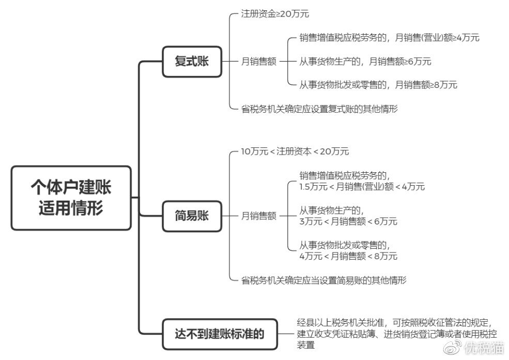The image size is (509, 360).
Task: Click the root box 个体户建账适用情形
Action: pos(71,198)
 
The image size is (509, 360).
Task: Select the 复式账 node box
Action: pos(192,61)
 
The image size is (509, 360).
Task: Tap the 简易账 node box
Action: pos(192,215)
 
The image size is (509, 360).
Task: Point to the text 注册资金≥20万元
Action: pos(275,14)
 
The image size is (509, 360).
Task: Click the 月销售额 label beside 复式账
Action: pos(258,62)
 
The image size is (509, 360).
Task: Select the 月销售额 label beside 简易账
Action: pos(258,216)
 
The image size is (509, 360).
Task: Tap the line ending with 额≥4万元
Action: pos(389,38)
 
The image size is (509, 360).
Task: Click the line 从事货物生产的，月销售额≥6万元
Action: pos(365,62)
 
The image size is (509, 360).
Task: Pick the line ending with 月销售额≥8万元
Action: pos(378,85)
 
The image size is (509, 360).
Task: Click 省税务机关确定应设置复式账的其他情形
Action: pos(319,109)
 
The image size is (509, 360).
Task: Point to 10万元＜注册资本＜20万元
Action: pos(295,152)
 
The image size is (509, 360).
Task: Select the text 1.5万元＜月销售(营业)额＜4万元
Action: pos(362,187)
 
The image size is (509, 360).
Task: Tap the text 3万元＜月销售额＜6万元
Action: pos(348,221)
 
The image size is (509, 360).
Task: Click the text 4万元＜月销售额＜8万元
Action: pos(348,256)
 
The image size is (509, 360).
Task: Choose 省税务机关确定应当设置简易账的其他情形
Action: pos(323,280)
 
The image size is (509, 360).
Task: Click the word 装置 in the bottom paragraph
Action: pos(306,345)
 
